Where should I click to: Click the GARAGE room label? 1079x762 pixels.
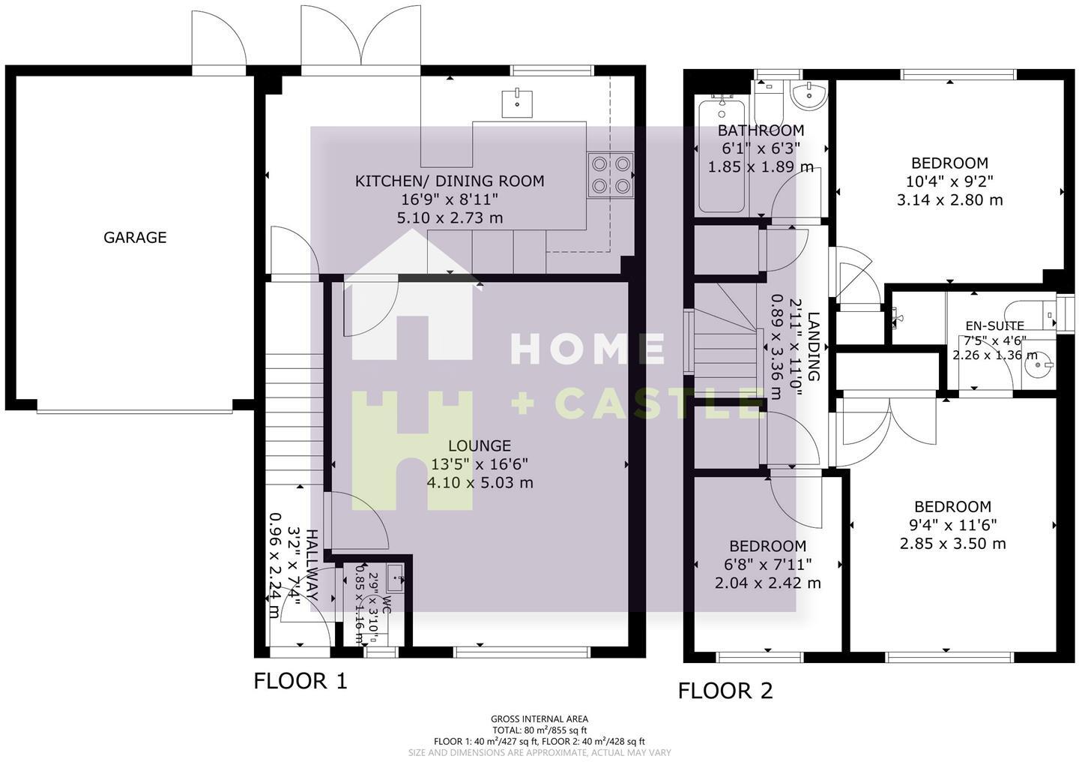tap(135, 238)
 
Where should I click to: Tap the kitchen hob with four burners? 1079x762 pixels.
tap(611, 175)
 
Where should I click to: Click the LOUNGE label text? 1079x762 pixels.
tap(480, 445)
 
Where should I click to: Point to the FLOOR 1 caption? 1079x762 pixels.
tap(300, 681)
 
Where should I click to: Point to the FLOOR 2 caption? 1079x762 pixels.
tap(725, 690)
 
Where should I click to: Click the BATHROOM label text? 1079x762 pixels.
tap(761, 130)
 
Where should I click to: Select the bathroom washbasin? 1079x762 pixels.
tap(809, 95)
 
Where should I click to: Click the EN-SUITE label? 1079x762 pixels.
tap(994, 325)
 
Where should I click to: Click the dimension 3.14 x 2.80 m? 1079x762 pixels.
tap(949, 200)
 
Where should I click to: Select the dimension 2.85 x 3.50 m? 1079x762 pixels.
tap(952, 544)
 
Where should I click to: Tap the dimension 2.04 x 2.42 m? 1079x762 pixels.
tap(767, 583)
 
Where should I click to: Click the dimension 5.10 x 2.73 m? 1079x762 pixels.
tap(450, 218)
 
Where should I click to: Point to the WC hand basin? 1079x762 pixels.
tap(396, 577)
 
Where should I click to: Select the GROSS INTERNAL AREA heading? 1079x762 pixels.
tap(539, 718)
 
